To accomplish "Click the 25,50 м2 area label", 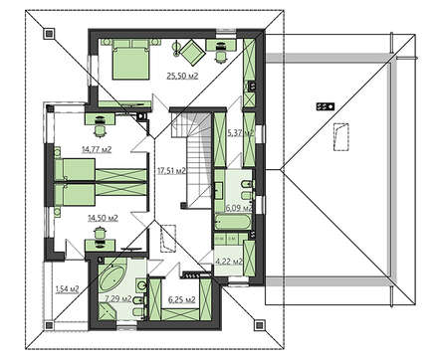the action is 182,77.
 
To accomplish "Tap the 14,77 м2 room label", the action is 97,149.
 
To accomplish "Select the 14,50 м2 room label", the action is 103,218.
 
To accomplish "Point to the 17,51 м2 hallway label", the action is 171,171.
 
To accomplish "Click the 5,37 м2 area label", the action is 240,133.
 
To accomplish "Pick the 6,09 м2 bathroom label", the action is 239,208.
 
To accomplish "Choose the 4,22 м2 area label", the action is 229,262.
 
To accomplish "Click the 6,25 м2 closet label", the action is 182,300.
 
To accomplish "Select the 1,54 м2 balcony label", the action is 67,289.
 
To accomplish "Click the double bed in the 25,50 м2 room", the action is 130,60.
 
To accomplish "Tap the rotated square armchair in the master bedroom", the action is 192,52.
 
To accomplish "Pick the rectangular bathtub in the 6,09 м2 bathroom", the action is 232,222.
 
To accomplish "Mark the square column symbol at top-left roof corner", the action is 50,34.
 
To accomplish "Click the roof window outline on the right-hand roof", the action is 341,137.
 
